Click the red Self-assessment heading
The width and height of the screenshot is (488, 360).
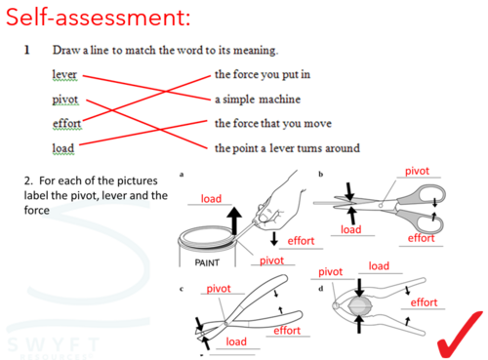(98, 17)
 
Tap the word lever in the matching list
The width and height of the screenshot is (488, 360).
(64, 74)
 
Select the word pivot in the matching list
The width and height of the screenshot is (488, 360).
(65, 100)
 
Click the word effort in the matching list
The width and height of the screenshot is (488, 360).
(66, 124)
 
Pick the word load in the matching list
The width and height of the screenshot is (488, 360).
(63, 148)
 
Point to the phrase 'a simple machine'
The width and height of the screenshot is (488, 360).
(258, 100)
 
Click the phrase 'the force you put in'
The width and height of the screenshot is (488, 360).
(263, 74)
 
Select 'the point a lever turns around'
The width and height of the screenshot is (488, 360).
(287, 148)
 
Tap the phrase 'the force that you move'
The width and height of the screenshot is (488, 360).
(273, 124)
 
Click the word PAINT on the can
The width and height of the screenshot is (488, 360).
(207, 262)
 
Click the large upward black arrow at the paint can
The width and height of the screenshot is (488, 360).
(234, 220)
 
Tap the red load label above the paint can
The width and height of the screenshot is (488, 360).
(211, 198)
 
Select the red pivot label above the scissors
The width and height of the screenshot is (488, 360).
(417, 171)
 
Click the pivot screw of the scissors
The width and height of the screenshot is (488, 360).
(381, 205)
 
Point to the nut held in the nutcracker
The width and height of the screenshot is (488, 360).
(359, 305)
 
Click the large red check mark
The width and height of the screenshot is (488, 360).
(460, 335)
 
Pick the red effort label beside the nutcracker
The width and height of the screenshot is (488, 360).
(424, 302)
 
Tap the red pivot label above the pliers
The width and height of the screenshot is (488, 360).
(219, 289)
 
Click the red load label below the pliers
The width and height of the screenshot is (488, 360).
(236, 341)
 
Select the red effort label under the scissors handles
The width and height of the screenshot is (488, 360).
(422, 238)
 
